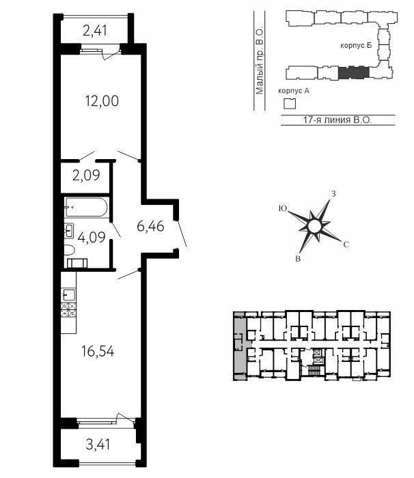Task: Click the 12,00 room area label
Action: (102, 101)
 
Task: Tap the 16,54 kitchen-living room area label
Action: (98, 351)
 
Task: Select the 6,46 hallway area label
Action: (150, 226)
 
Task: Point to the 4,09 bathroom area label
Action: (92, 237)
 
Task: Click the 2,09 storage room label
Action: (86, 175)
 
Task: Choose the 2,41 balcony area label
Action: (95, 31)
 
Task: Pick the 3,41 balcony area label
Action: (98, 444)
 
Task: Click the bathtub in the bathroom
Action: (86, 208)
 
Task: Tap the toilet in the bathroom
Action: (69, 251)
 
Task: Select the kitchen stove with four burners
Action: (68, 310)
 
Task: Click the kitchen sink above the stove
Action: (68, 295)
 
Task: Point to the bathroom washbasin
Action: (69, 231)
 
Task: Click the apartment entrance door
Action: (182, 234)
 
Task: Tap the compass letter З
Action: (333, 193)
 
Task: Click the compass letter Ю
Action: (283, 208)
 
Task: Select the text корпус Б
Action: (356, 46)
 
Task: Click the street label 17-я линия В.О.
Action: (337, 119)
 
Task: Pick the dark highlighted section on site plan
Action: (354, 72)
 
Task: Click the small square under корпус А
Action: (290, 104)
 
